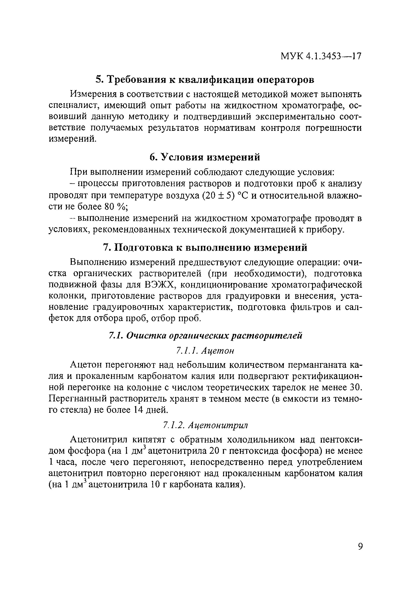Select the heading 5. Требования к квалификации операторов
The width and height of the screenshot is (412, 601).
pos(205,79)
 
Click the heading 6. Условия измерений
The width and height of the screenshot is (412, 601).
pos(205,157)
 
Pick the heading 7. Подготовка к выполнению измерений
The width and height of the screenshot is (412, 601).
pos(205,248)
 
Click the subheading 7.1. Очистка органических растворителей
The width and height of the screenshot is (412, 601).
pos(205,336)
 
